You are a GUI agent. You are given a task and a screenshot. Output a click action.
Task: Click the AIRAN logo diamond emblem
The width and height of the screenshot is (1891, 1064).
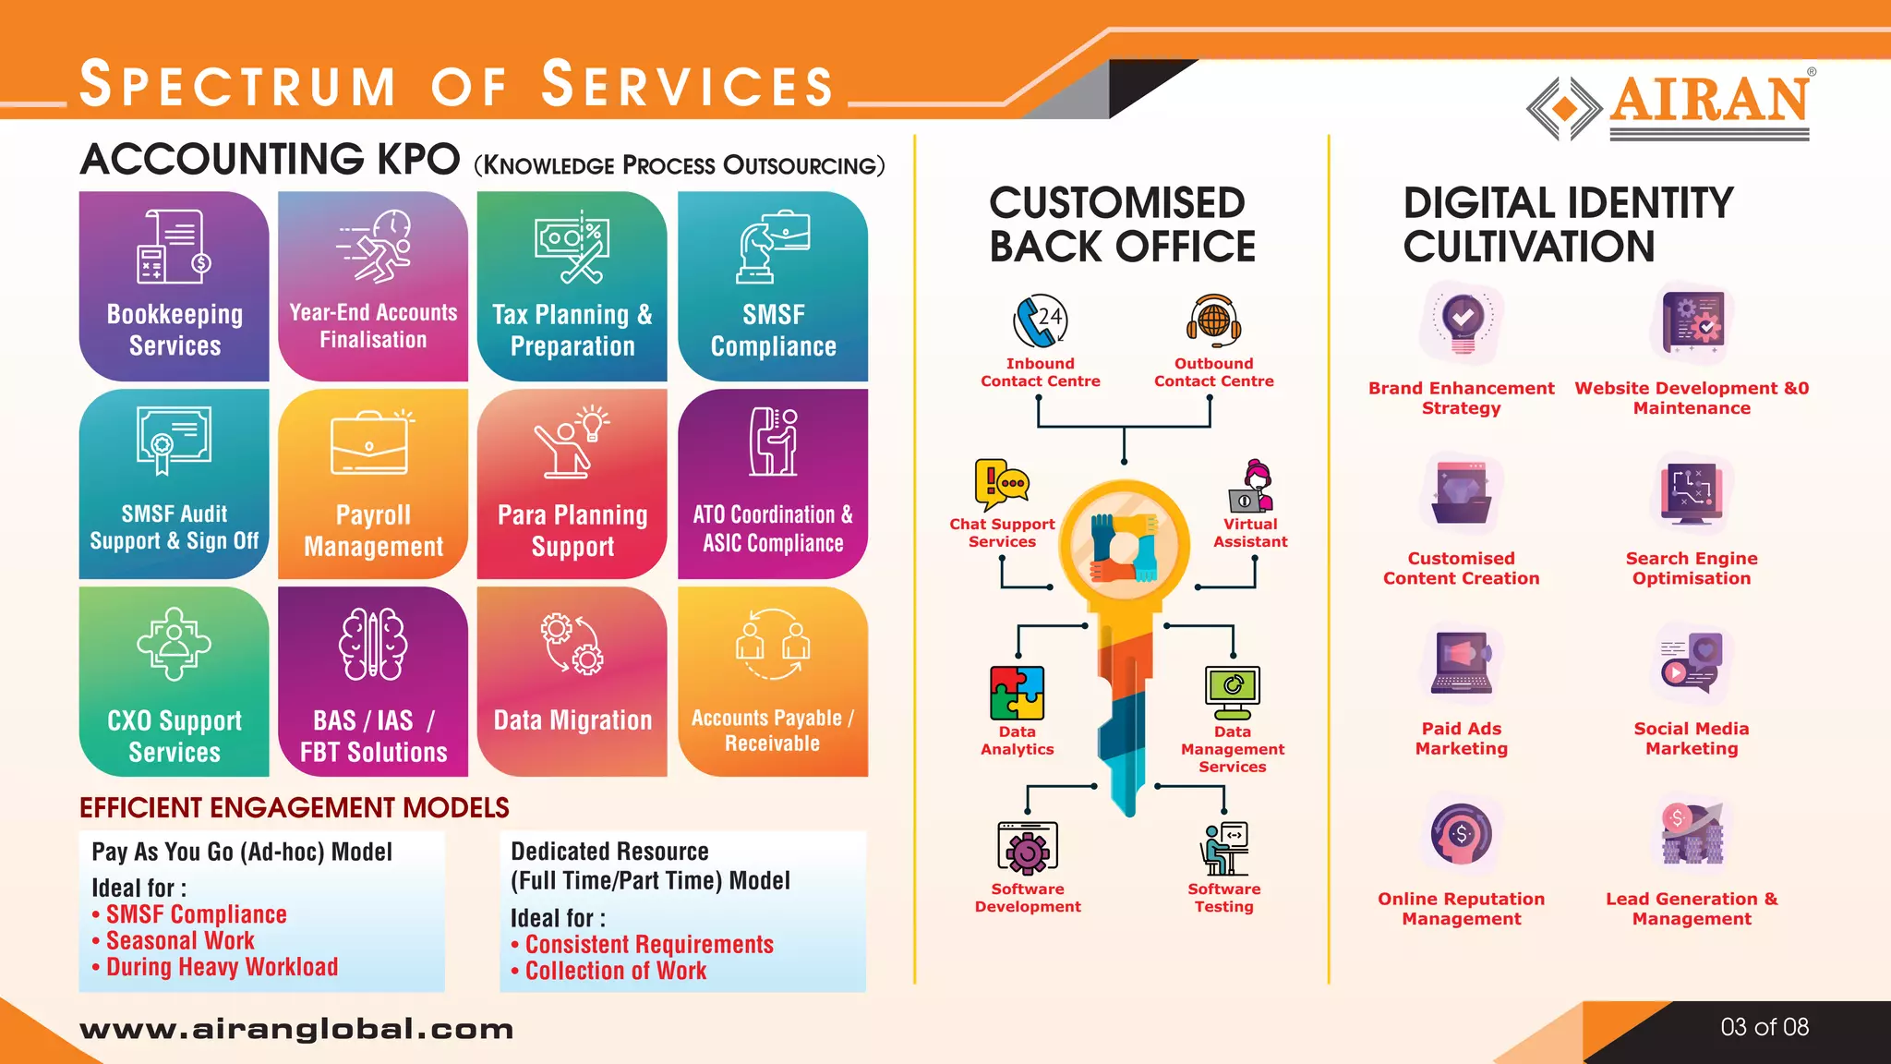coord(1564,109)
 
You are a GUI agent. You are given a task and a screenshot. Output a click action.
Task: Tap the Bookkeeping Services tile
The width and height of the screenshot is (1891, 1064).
coord(175,286)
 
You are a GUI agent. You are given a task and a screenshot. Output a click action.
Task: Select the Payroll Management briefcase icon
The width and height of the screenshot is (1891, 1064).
coord(369,443)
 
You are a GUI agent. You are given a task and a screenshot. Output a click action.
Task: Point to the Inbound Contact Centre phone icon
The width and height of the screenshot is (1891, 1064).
coord(1040,321)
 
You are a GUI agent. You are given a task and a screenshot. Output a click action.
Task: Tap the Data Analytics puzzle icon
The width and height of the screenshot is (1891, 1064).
coord(1017,693)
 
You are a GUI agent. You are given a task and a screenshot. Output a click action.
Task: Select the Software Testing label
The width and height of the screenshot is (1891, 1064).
coord(1223,898)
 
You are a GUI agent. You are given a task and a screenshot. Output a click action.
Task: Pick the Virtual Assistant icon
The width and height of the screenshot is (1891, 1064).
coord(1251,486)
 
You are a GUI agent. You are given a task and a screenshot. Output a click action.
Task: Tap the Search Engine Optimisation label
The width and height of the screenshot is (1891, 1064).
coord(1692,569)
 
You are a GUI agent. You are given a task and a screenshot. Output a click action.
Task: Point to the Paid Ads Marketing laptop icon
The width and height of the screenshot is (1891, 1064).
coord(1461,662)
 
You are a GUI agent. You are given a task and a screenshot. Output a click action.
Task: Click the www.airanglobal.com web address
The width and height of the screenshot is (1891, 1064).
coord(296,1029)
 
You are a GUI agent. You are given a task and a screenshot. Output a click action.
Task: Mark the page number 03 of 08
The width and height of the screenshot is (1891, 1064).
coord(1765,1027)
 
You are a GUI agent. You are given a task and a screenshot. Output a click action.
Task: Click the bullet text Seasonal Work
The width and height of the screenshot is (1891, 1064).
coord(180,941)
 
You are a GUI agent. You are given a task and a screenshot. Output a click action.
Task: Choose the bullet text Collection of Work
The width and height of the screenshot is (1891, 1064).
coord(616,971)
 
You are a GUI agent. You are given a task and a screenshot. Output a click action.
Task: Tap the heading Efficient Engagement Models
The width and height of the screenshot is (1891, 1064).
coord(295,808)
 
